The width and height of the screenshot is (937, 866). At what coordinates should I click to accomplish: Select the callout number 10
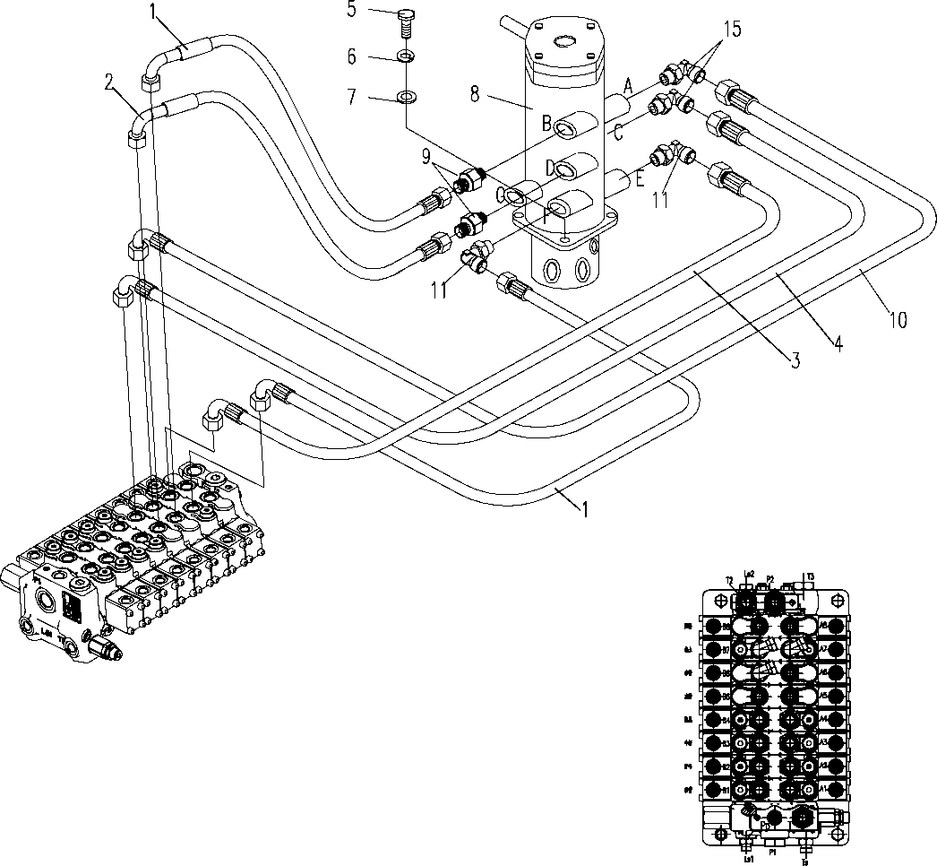[x=898, y=319]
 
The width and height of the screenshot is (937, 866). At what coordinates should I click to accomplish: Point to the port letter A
[x=628, y=86]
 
